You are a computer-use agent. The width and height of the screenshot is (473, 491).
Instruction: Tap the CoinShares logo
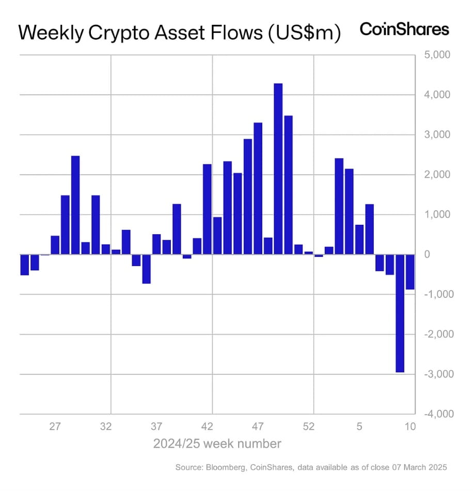pos(404,29)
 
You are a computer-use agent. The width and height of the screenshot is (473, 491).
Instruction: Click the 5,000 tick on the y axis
pos(436,55)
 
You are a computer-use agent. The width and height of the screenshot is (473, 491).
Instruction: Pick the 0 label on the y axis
pos(427,255)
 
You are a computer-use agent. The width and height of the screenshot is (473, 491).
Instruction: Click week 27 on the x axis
pos(55,427)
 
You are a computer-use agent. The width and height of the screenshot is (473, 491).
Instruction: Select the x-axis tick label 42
pos(207,427)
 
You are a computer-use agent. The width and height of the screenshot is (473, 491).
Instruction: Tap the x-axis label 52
pos(308,427)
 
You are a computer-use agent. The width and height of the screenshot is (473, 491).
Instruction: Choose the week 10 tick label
pos(409,427)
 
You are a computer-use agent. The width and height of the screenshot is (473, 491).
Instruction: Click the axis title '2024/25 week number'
pos(217,444)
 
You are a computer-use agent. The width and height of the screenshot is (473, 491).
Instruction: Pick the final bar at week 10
pos(409,272)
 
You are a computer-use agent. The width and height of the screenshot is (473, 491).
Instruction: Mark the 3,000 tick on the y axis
pos(436,135)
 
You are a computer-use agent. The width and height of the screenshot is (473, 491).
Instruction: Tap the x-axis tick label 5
pos(359,427)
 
